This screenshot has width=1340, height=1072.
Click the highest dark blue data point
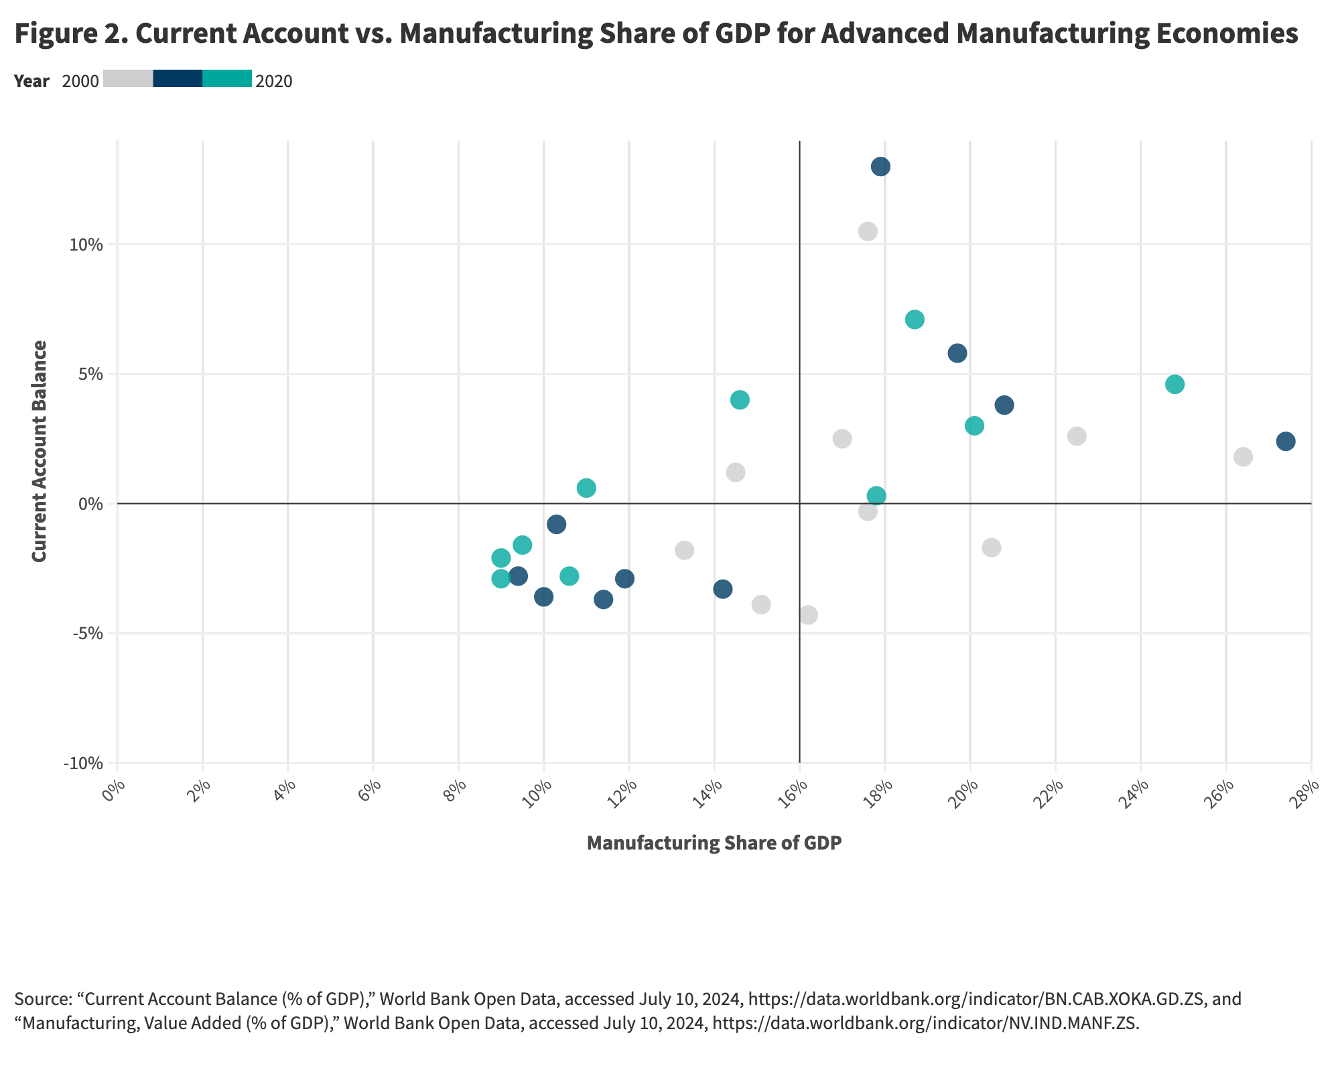coord(880,167)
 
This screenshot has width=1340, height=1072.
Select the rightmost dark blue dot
coord(1285,442)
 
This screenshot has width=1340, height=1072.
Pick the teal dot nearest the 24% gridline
coord(1175,385)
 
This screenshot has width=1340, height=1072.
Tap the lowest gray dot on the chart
coord(808,614)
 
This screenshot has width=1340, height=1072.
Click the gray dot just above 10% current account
coord(868,232)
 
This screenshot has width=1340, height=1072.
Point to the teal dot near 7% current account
coord(915,320)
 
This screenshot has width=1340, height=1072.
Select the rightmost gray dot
coord(1243,457)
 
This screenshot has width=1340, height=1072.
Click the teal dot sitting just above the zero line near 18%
coord(876,496)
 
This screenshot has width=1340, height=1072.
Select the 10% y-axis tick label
coord(87,245)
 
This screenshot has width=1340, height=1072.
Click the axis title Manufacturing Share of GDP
coord(714,843)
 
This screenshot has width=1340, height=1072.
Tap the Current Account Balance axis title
coord(40,451)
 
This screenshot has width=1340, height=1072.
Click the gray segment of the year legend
coord(128,78)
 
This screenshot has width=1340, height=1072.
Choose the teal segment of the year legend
coord(227,78)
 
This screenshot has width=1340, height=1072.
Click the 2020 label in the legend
coord(274,82)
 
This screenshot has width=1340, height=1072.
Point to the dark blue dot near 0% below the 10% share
coord(556,524)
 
